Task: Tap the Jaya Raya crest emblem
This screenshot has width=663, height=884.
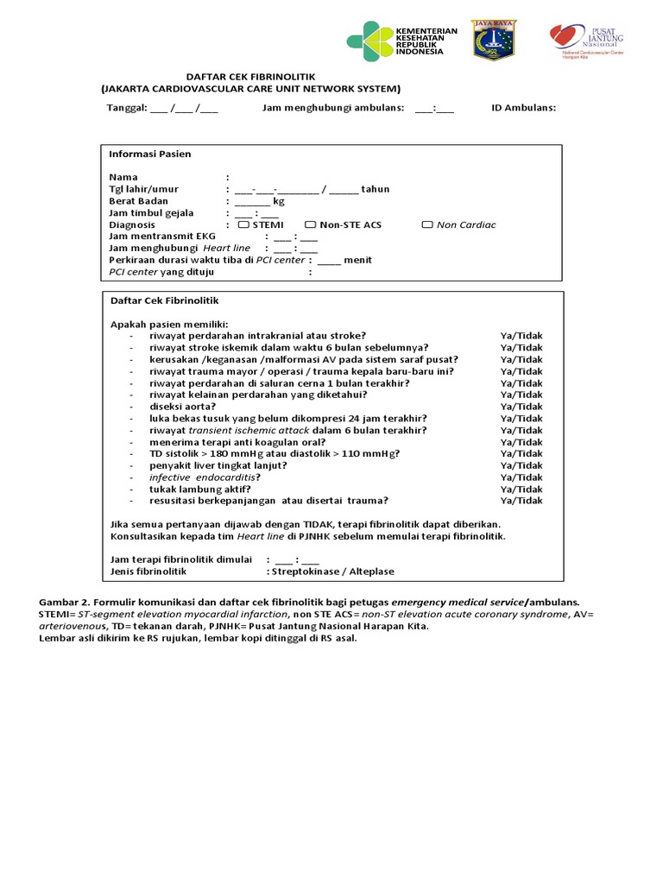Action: (493, 40)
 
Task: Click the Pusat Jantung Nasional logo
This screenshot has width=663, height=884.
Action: (566, 40)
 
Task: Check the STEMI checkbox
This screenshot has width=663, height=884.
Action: (243, 224)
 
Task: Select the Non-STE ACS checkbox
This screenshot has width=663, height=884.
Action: (311, 224)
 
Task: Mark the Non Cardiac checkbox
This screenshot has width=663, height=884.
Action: (427, 224)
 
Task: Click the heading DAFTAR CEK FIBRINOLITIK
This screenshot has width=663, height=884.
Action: (249, 76)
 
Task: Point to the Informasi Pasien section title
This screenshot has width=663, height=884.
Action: (149, 154)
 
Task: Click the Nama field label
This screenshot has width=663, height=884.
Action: (123, 177)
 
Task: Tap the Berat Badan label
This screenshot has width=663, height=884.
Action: (138, 201)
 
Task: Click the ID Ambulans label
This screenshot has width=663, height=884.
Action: (523, 108)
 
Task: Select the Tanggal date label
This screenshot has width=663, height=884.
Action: (126, 108)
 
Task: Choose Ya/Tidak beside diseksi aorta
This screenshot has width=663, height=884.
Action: (521, 406)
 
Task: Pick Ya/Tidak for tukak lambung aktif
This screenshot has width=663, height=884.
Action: (521, 489)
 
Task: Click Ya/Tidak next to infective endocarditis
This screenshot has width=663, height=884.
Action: (521, 477)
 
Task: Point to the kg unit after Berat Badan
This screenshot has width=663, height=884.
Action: (278, 201)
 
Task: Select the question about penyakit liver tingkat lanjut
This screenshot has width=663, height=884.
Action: (218, 464)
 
